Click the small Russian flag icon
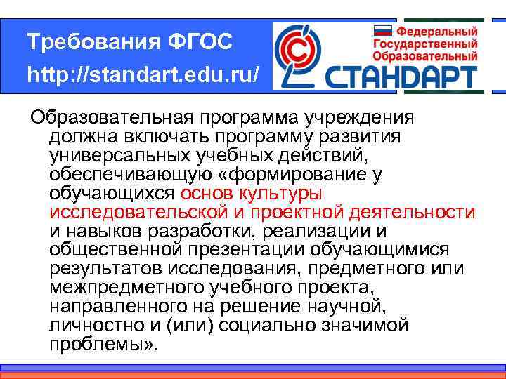point(381,30)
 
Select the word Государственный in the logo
point(427,43)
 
